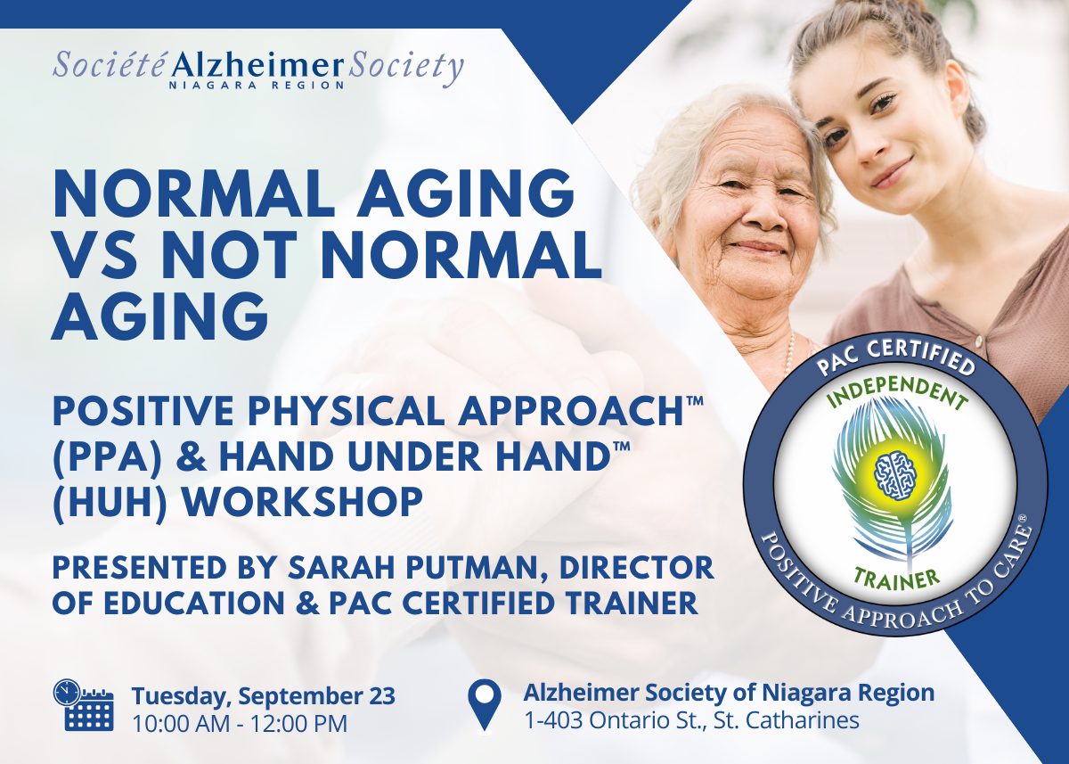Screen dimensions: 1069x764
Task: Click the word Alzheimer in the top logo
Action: (x=257, y=65)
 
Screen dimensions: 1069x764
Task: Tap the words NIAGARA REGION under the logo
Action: (x=257, y=86)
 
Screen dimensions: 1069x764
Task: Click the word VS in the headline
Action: (x=96, y=255)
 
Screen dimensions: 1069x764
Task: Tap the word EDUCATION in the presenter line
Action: (x=195, y=604)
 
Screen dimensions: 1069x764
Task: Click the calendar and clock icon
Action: (x=83, y=705)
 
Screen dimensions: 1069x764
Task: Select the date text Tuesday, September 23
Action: (x=264, y=696)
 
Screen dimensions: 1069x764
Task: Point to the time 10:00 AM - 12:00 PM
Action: (x=240, y=724)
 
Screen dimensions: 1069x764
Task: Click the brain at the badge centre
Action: (x=896, y=475)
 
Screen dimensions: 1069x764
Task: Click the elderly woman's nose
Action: (x=761, y=214)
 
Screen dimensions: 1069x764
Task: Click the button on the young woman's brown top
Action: (x=979, y=341)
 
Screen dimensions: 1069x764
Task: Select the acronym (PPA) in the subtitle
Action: (x=108, y=457)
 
